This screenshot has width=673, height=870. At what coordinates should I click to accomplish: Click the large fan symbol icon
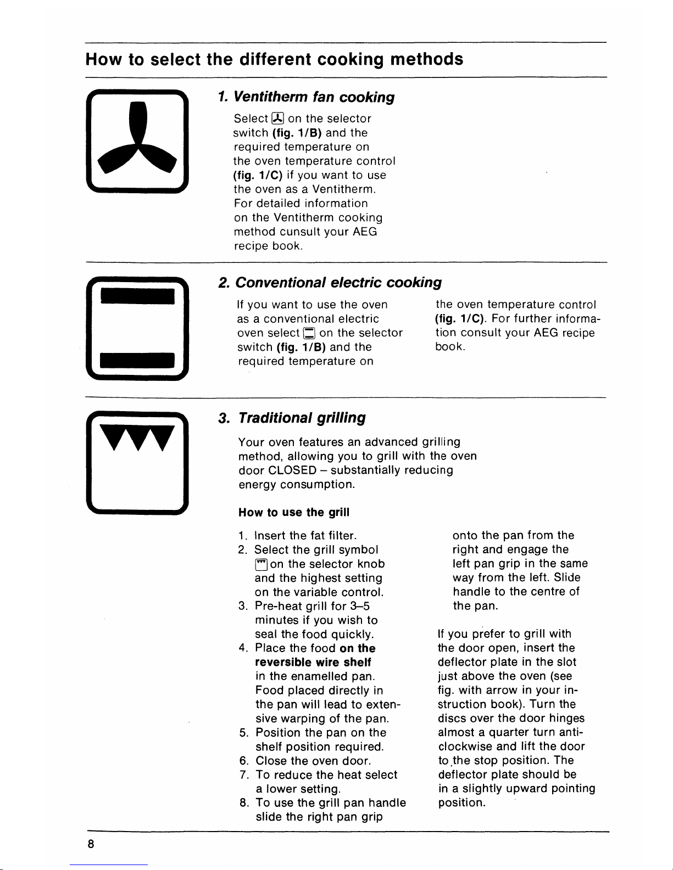coord(137,142)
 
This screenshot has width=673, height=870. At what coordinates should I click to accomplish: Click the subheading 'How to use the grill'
coord(294,512)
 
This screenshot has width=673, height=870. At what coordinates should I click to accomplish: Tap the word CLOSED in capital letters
coord(292,470)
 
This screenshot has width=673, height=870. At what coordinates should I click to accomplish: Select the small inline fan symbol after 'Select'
coord(278,119)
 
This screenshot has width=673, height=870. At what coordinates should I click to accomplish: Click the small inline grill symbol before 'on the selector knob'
coord(261,564)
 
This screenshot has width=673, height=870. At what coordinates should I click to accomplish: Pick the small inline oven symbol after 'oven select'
coord(309,333)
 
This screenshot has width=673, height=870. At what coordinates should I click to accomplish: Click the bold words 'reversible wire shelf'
coord(313,663)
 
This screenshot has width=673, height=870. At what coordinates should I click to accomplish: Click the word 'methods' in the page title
coord(426,59)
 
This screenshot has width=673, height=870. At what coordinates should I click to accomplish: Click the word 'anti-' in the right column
coord(570,732)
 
